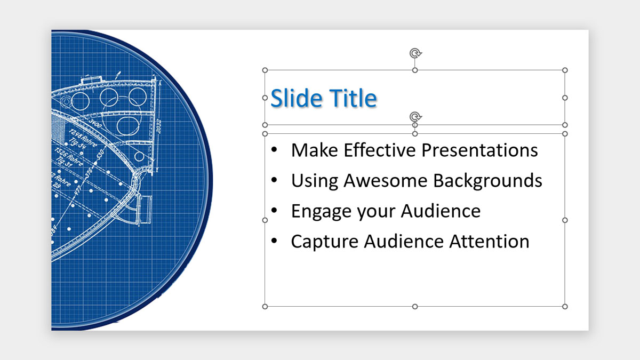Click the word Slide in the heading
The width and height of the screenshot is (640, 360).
pos(296,99)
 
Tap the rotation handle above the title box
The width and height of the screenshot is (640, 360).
pos(415,53)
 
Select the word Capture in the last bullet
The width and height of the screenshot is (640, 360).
pos(324,242)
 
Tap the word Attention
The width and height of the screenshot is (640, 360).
pos(489,242)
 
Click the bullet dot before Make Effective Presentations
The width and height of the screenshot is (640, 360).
pos(274,151)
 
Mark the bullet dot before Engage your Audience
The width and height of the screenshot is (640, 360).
pos(274,212)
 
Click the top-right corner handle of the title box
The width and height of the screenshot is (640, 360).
pos(565,70)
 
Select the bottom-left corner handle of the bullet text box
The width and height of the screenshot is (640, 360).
pos(265,306)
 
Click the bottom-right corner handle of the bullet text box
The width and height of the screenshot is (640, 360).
pos(565,306)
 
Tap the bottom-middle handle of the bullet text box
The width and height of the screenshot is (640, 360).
pos(415,306)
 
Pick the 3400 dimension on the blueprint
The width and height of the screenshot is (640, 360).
pos(97,123)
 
